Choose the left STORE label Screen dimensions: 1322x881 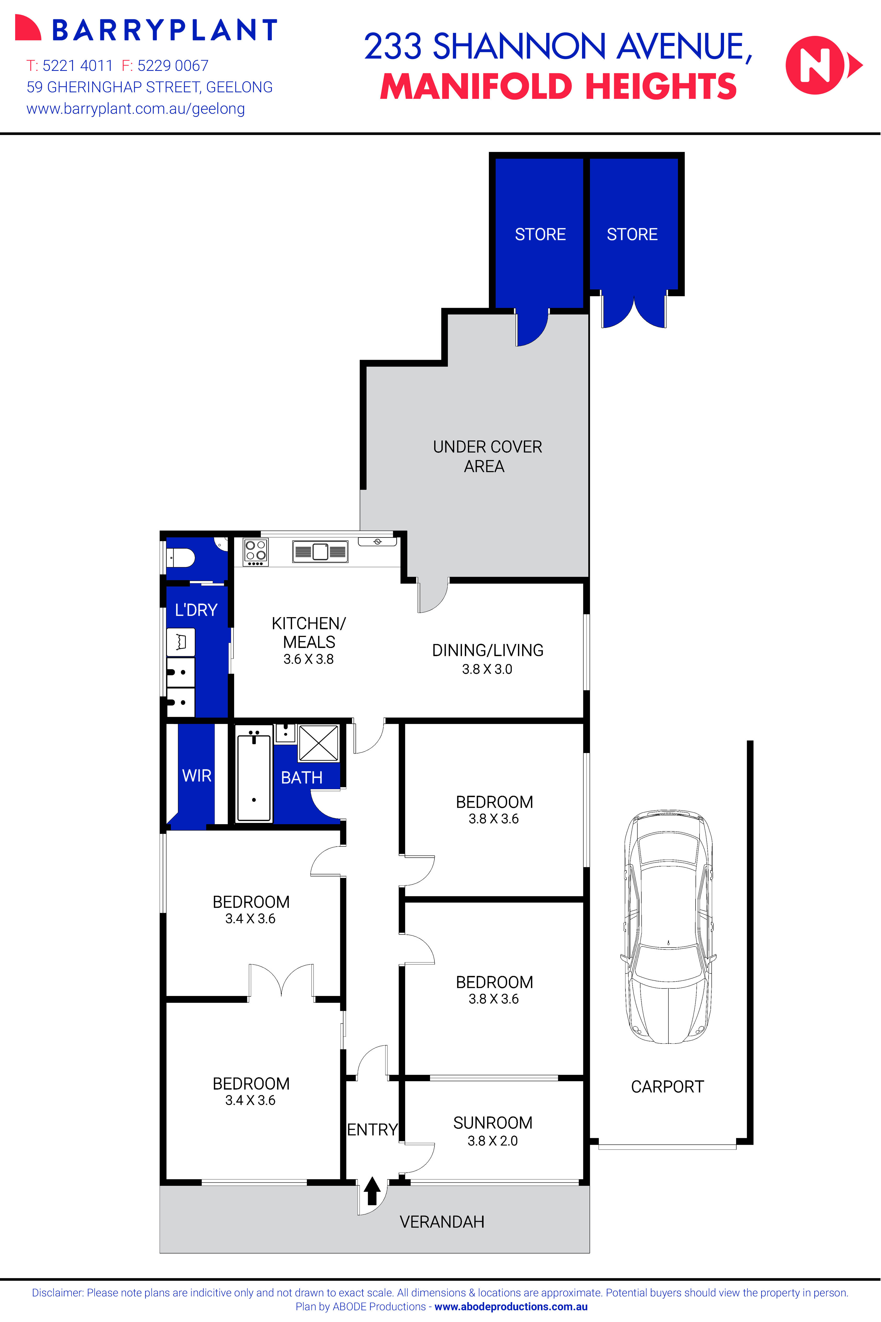(540, 234)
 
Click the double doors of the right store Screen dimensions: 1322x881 (634, 312)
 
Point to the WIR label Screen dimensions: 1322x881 (197, 776)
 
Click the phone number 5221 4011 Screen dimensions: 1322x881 (77, 66)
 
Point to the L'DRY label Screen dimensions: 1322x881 (196, 610)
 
